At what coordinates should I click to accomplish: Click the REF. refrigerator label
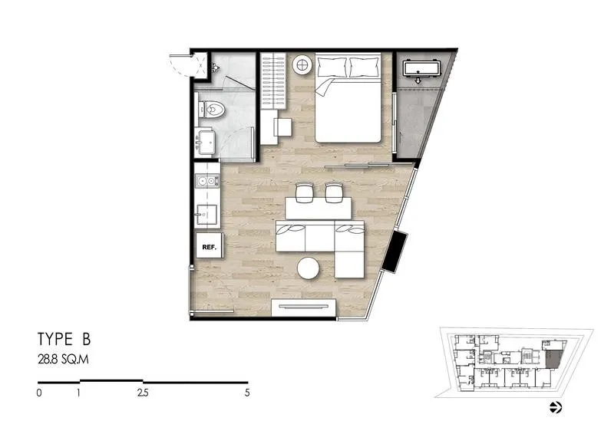coord(209,247)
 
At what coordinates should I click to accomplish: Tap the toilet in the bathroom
coord(212,109)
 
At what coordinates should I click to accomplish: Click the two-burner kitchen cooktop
coord(206,181)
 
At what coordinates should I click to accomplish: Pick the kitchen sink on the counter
coord(206,214)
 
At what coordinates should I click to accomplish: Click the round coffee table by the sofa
coord(309,268)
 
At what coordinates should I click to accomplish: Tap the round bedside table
coord(302,64)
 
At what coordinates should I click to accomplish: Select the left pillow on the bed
coord(332,67)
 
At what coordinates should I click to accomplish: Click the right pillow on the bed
coord(364,67)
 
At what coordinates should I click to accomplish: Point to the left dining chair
coord(303,192)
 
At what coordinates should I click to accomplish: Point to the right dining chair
coord(334,192)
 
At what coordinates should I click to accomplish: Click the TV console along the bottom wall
coord(303,308)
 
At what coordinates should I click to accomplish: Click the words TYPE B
coord(64,339)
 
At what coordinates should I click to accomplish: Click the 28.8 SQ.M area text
coord(63,360)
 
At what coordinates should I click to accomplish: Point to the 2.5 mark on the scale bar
coord(143,393)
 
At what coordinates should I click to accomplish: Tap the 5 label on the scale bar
coord(247,393)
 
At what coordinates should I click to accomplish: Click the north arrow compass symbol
coord(556,407)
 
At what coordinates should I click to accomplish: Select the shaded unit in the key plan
coord(552,359)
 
